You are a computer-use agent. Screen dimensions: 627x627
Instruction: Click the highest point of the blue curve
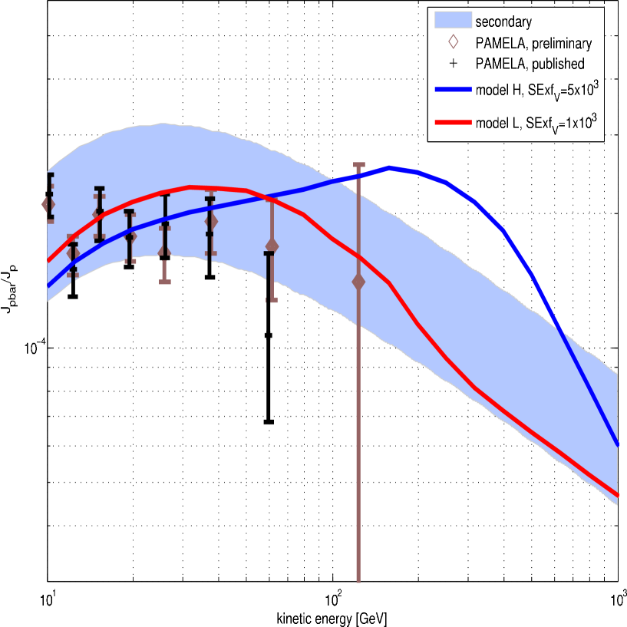391,167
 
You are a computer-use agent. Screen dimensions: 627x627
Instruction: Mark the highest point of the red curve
191,186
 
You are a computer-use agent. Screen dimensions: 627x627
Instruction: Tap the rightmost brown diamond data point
358,282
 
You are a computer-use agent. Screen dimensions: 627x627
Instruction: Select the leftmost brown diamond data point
48,204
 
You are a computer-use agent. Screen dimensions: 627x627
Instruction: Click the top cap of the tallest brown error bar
358,164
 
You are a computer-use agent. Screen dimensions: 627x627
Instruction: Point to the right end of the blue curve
618,445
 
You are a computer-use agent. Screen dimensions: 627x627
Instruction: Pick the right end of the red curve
618,496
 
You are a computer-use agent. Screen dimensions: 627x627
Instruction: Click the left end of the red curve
48,261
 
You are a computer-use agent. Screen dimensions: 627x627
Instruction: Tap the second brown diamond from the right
272,246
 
